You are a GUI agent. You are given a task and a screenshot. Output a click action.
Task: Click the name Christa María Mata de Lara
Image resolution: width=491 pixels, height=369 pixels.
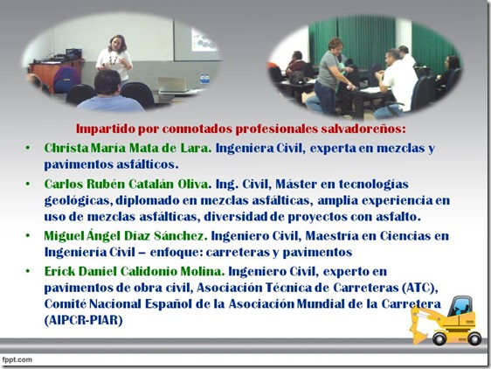click(x=128, y=148)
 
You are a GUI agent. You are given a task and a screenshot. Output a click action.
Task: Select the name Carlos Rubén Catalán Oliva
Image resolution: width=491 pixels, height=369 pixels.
click(x=127, y=184)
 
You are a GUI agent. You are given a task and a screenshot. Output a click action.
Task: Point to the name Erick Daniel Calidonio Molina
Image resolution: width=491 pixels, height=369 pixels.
click(x=135, y=271)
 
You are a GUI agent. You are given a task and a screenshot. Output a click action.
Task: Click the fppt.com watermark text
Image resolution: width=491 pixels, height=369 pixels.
click(x=17, y=359)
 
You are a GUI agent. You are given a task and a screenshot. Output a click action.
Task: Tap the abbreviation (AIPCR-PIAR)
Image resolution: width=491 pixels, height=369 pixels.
click(x=83, y=320)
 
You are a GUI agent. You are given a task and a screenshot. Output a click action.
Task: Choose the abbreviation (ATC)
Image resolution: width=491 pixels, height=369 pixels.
click(x=419, y=288)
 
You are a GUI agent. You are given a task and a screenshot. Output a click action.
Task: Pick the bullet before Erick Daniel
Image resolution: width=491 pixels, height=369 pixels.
click(x=28, y=271)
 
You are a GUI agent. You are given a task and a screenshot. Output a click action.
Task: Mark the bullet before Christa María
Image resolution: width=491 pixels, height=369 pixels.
click(x=28, y=148)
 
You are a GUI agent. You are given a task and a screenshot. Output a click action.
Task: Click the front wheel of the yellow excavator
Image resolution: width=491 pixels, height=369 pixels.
click(x=439, y=338)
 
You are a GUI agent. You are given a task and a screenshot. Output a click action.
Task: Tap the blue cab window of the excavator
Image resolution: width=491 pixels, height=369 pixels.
click(x=460, y=307)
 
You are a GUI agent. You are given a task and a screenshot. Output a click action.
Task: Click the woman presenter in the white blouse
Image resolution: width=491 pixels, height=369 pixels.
click(x=114, y=59)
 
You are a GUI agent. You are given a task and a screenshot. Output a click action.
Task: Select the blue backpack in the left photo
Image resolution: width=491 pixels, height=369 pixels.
click(x=66, y=80)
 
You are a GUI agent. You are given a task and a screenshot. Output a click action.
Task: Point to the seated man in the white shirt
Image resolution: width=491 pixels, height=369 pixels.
click(x=396, y=81)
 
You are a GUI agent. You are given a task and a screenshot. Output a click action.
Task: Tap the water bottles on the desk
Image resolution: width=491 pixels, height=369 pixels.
click(x=204, y=79)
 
